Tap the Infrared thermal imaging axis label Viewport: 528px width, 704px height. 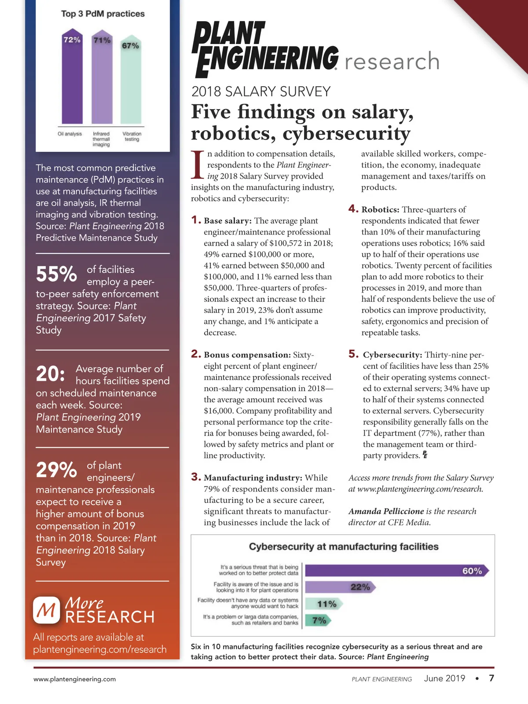pos(101,139)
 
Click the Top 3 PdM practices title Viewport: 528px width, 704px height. pos(103,14)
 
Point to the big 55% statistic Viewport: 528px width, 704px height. pos(56,275)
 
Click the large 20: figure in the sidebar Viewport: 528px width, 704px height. pos(51,374)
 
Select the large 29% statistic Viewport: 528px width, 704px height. pos(56,470)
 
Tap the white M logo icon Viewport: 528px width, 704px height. pos(47,610)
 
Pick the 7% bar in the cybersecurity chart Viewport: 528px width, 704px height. pos(317,620)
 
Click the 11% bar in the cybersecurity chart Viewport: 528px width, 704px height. pos(323,604)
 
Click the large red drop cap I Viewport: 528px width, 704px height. pos(198,165)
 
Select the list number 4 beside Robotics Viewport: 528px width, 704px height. pos(353,209)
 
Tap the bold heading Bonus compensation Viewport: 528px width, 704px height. pos(247,355)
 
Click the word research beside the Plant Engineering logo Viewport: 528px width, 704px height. pos(392,61)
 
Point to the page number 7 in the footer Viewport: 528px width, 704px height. pos(491,678)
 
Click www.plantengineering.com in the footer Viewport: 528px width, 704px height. pos(75,679)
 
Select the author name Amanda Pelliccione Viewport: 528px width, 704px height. pos(386,511)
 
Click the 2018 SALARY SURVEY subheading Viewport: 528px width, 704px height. pos(261,92)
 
